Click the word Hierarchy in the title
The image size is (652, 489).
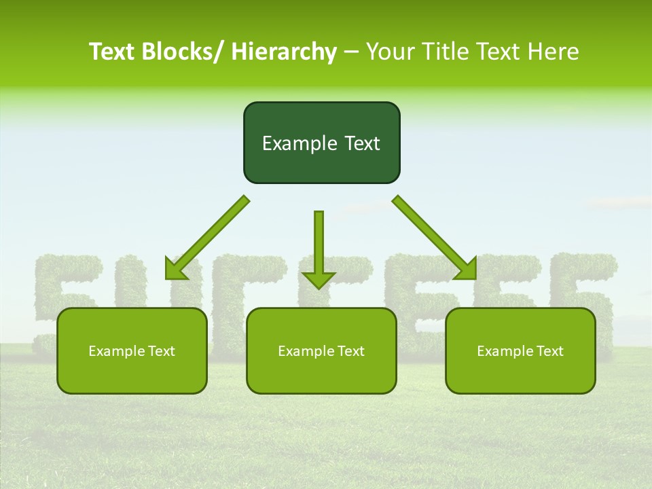coord(284,52)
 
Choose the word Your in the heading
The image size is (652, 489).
coord(391,52)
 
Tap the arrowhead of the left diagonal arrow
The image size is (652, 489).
coord(174,270)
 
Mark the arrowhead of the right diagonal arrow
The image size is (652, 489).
coord(467,270)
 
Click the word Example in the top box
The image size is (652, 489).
coord(290,143)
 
